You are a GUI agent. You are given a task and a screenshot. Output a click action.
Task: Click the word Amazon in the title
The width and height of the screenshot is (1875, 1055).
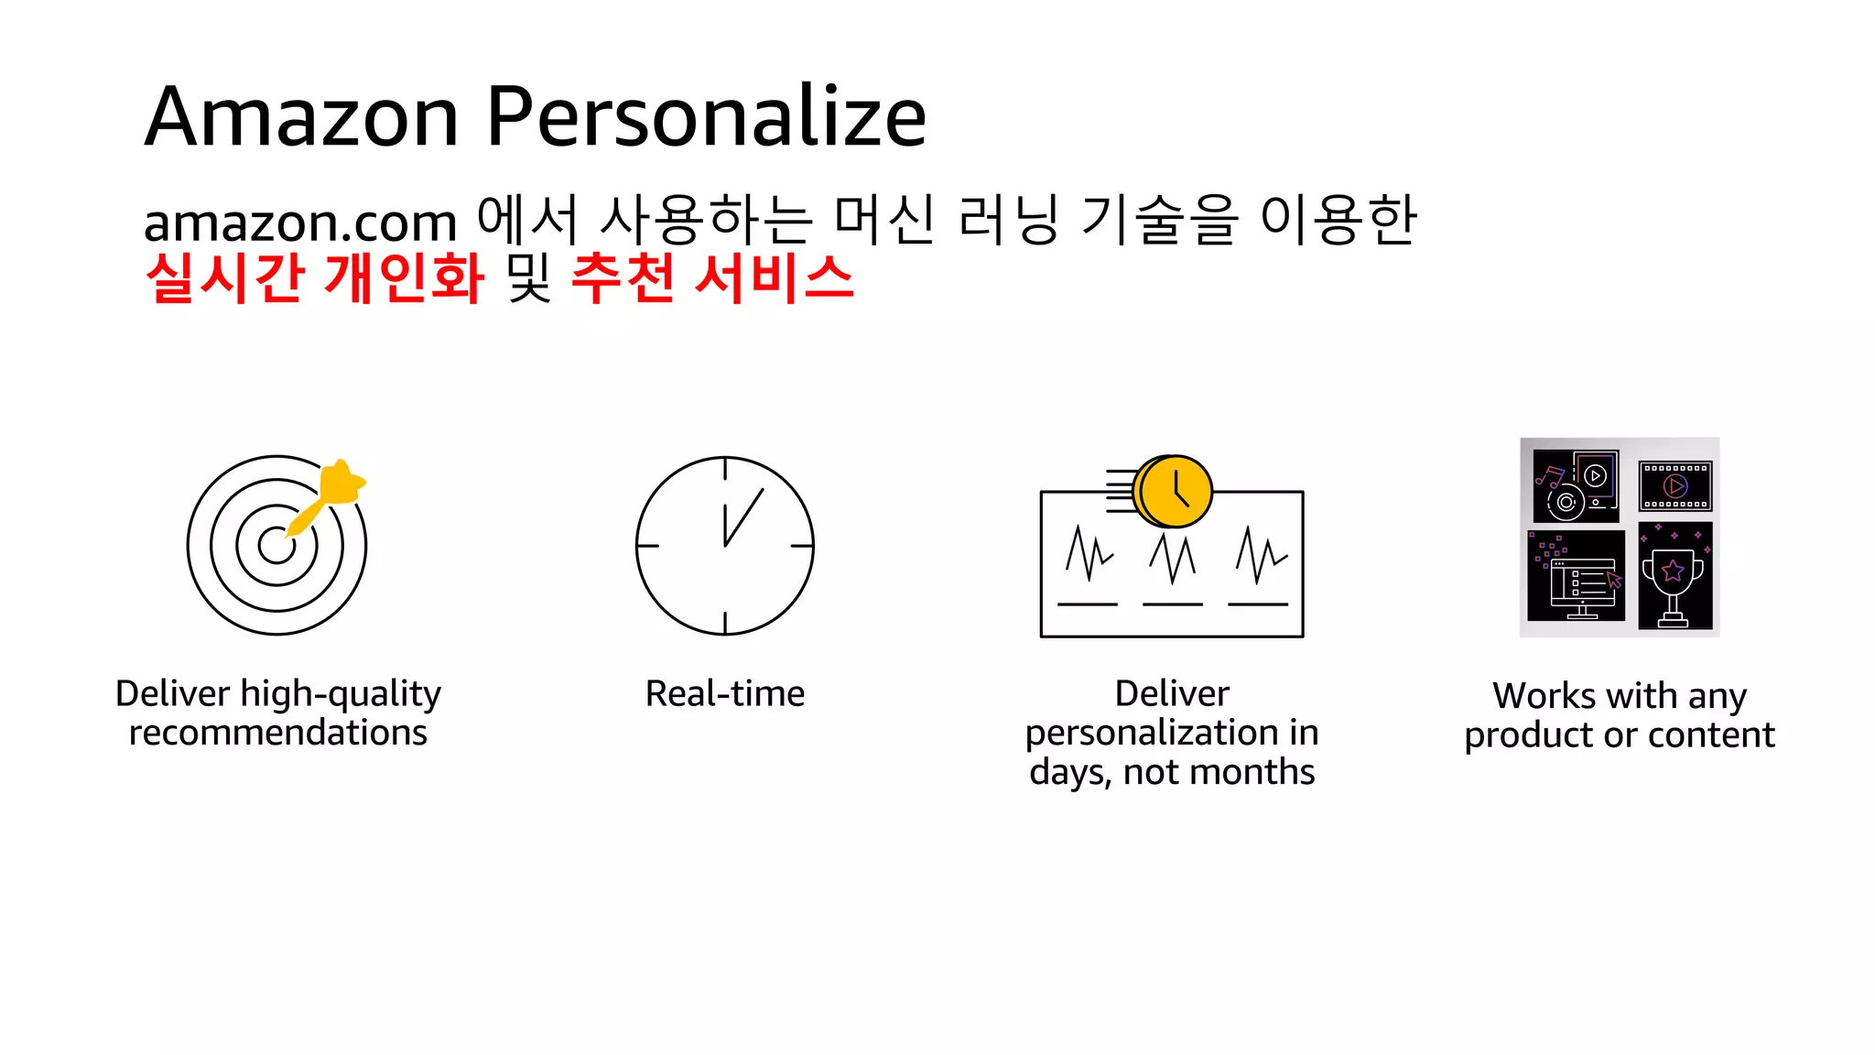301,117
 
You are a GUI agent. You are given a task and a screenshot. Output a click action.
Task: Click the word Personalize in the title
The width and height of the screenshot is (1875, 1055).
706,117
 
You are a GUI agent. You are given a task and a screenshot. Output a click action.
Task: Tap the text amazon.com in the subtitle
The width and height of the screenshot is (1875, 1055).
300,223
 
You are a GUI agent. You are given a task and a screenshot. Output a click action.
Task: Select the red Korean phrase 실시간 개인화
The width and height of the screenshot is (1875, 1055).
315,277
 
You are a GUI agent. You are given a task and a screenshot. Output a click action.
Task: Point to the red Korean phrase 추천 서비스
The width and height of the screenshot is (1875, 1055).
712,277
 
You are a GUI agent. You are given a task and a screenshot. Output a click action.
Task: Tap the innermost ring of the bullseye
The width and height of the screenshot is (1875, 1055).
276,546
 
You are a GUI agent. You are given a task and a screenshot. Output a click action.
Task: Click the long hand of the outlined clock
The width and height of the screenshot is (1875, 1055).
744,517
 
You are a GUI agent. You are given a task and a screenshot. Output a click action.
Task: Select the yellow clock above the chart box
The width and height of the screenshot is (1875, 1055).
1174,492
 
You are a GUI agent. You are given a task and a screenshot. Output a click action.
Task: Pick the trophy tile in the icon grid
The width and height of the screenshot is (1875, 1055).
1674,576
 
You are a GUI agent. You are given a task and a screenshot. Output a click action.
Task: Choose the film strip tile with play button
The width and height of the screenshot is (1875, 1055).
1675,485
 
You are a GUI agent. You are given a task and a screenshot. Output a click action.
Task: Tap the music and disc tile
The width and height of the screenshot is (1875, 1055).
1576,485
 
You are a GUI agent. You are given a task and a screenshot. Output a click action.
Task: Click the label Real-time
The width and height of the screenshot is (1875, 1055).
725,694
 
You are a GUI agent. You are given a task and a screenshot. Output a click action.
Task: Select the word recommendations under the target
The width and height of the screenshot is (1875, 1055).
278,733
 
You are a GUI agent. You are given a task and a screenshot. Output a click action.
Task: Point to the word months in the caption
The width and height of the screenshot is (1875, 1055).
1265,772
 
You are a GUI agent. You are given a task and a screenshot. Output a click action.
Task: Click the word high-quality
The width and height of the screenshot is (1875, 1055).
341,694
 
